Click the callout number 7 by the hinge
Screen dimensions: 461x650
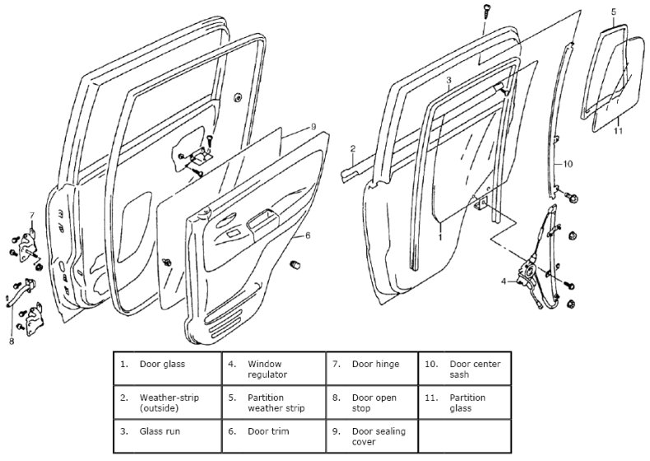click(31, 216)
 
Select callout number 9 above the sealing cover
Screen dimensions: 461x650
click(313, 126)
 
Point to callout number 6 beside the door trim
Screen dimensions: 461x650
click(307, 235)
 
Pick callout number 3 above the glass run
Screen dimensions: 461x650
click(449, 81)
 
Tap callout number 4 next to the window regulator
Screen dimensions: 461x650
click(504, 282)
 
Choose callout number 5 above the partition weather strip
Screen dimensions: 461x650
click(613, 12)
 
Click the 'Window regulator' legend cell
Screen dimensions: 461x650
click(272, 369)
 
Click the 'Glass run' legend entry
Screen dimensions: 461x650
click(165, 431)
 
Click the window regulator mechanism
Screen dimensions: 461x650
click(535, 263)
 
